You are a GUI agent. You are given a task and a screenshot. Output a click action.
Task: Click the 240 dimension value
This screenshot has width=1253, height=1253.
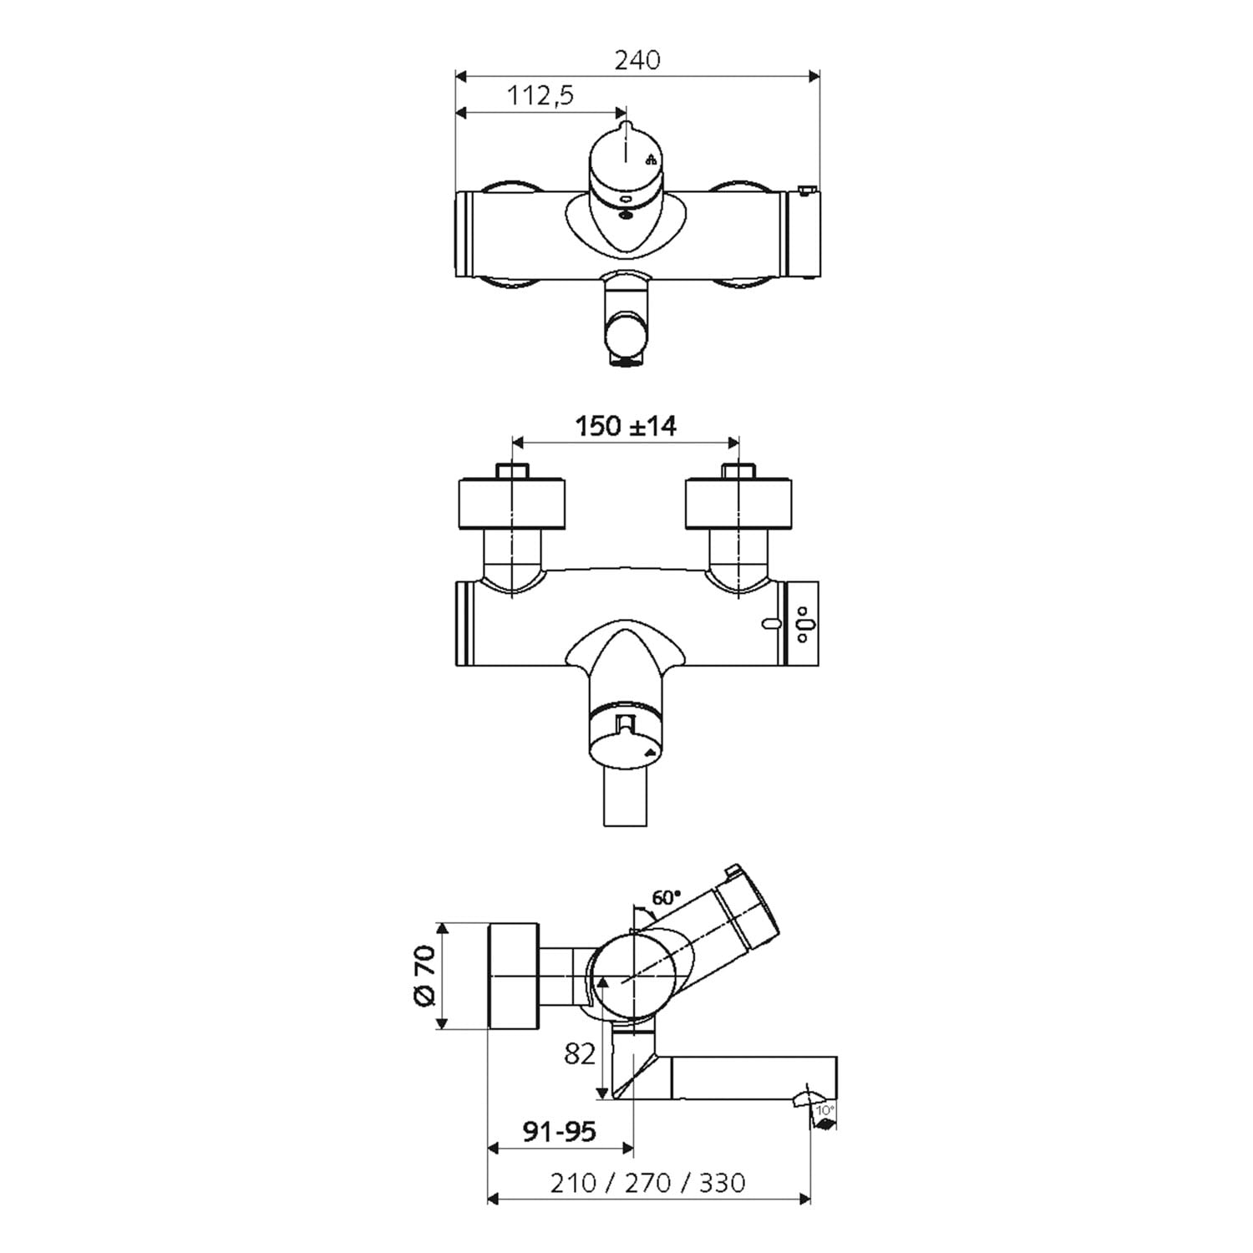tap(637, 60)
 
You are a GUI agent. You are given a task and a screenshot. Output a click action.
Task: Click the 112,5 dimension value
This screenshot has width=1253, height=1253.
tap(540, 96)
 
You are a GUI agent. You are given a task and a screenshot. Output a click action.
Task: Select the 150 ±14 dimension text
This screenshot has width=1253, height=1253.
tap(626, 426)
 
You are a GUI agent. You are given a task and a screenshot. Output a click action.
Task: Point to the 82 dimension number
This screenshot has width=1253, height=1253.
tap(580, 1053)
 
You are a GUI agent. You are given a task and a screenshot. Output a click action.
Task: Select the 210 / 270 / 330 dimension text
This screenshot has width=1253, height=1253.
tap(647, 1183)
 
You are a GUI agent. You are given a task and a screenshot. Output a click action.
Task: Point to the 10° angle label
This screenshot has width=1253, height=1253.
tap(824, 1110)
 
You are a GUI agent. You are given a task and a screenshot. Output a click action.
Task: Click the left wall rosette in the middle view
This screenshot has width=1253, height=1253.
tap(512, 503)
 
